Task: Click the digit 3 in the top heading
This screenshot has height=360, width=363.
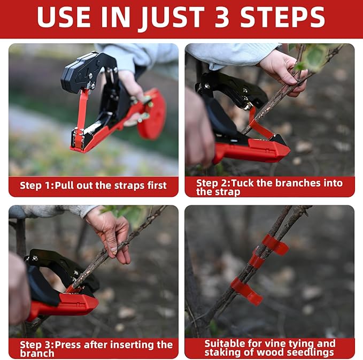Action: click(x=222, y=17)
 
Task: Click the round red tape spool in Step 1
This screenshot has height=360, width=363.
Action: click(x=152, y=114)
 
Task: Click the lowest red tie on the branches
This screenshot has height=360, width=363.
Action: click(x=247, y=291)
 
